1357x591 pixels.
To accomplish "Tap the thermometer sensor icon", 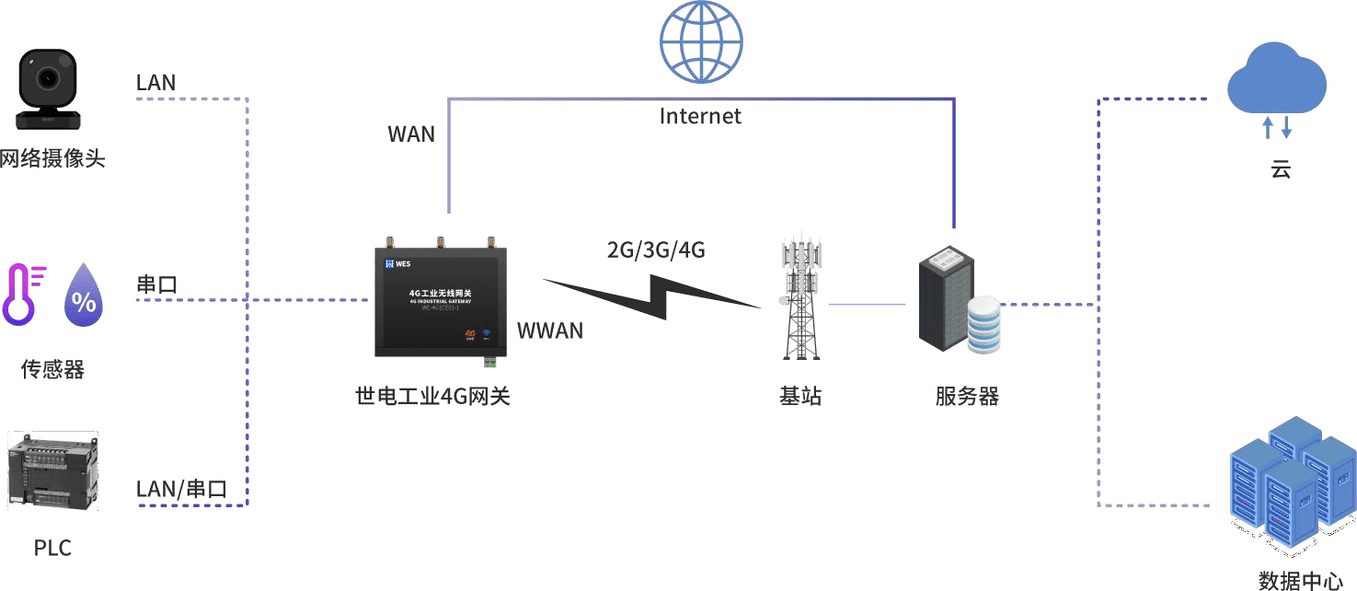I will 24,294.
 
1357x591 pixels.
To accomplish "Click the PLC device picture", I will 52,470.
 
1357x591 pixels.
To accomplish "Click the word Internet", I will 700,116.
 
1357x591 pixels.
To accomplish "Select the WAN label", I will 411,133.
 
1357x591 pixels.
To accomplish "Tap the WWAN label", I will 550,330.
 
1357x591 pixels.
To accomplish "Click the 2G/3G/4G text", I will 656,249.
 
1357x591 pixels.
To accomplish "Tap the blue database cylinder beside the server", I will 983,324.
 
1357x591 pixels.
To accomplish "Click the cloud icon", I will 1277,78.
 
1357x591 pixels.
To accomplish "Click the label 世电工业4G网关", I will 432,397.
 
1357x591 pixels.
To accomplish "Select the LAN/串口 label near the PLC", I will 180,489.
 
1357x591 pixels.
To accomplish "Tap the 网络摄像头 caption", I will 52,159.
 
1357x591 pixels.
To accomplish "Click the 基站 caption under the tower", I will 799,397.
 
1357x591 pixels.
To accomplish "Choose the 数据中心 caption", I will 1300,580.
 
